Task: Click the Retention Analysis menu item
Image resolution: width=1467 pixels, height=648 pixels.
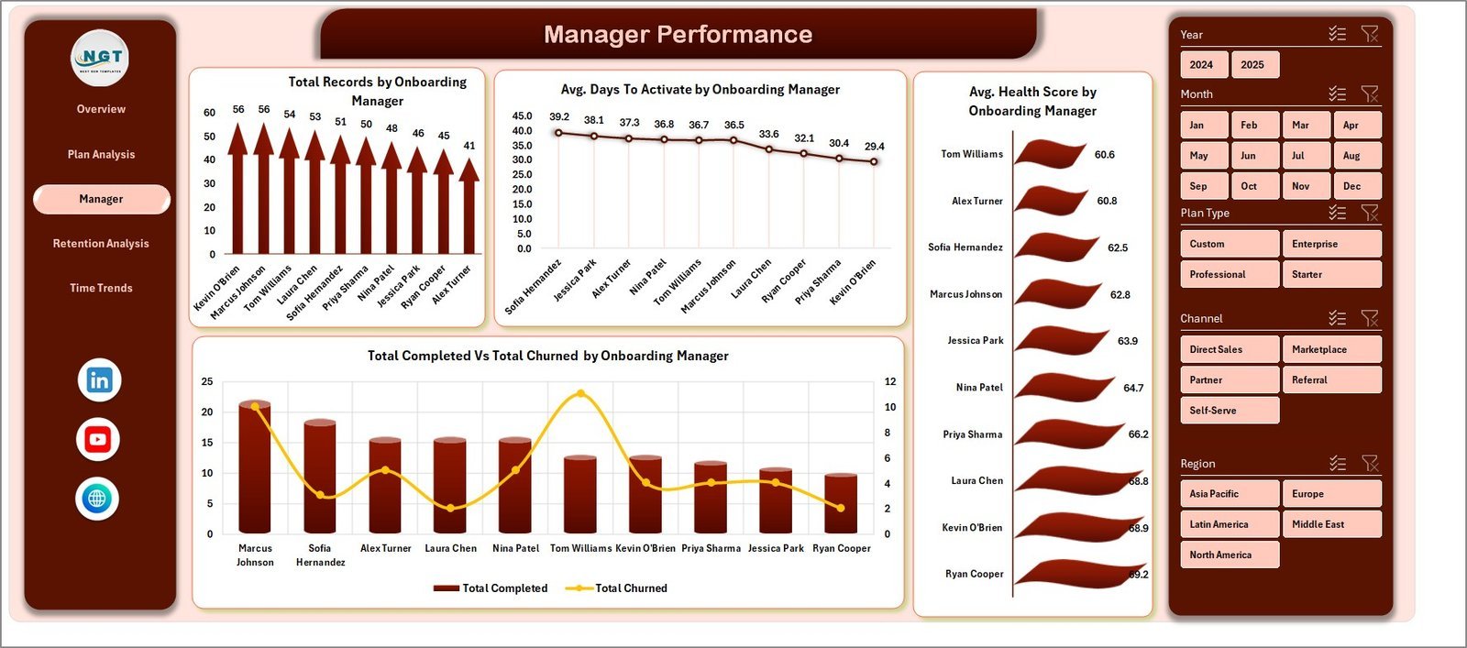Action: tap(101, 244)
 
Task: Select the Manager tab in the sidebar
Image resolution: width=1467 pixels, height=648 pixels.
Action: tap(101, 199)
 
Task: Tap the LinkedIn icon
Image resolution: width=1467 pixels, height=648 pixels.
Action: tap(99, 380)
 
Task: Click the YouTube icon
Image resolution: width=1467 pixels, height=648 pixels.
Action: tap(97, 440)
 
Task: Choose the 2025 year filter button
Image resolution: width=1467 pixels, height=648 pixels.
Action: tap(1252, 65)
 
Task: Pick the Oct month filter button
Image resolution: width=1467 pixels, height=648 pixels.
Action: tap(1249, 186)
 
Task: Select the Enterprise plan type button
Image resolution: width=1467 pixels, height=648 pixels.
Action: tap(1330, 244)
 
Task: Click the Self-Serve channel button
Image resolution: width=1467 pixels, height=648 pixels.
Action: tap(1229, 411)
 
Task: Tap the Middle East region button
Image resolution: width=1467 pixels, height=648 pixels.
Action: tap(1330, 524)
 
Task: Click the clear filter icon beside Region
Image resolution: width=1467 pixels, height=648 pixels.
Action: tap(1370, 464)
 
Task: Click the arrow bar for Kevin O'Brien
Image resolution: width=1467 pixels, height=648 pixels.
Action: tap(237, 192)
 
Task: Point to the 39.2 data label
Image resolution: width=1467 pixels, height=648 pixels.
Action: tap(559, 116)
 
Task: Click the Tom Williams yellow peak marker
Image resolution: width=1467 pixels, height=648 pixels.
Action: tap(580, 394)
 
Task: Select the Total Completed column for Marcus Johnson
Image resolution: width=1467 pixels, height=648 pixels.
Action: tap(255, 467)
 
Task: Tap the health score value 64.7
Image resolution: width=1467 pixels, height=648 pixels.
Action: tap(1133, 389)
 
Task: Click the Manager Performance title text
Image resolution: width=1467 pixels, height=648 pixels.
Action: tap(678, 35)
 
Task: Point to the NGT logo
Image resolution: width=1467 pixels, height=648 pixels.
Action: tap(100, 58)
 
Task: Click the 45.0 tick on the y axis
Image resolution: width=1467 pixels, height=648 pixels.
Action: tap(522, 115)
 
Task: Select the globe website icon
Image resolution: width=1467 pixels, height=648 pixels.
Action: tap(97, 500)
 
